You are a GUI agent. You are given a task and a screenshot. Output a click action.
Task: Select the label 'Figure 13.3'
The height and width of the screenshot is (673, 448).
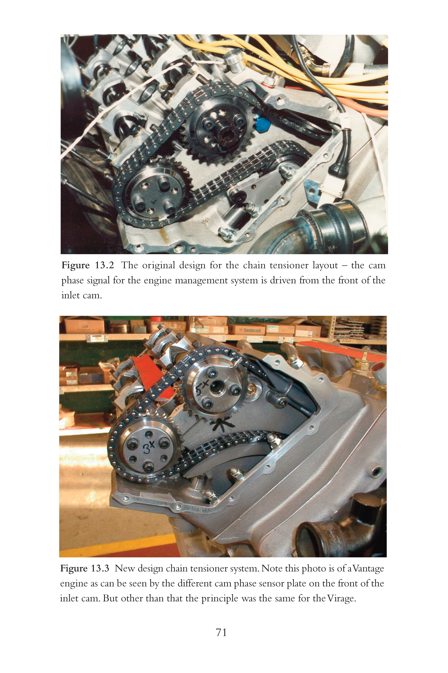85,568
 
